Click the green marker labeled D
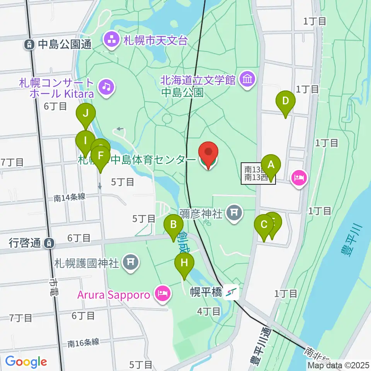coord(285,101)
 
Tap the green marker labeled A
coord(271,165)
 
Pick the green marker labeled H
coord(184,263)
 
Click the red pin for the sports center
coord(208,154)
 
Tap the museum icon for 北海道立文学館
coord(246,80)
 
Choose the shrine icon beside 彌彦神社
coord(234,212)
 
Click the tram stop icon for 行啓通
coord(49,243)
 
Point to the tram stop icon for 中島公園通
coord(29,44)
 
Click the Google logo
coord(26,362)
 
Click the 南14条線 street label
coord(69,198)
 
